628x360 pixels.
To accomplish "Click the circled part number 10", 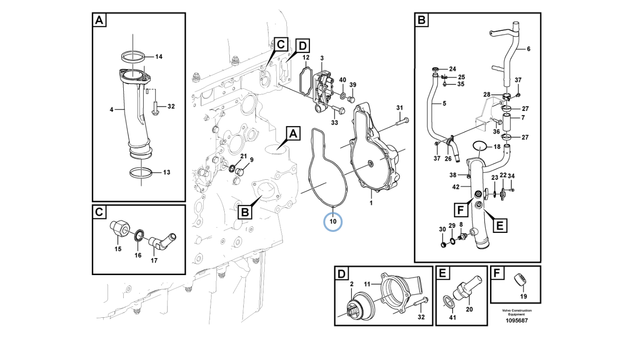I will coord(333,221).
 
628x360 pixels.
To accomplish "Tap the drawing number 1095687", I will coord(517,320).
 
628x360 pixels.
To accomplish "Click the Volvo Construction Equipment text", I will coord(517,312).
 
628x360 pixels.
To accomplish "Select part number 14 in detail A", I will coord(159,56).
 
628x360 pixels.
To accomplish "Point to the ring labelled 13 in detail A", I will coord(141,173).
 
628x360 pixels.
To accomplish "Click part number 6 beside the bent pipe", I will coord(528,49).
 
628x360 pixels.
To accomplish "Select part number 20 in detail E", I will coord(469,309).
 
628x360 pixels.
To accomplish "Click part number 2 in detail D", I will coord(352,284).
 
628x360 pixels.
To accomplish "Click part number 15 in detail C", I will coord(118,249).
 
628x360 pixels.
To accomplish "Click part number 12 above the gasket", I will coord(306,58).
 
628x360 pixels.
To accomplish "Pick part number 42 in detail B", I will coord(455,187).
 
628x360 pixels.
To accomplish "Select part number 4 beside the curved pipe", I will coord(111,110).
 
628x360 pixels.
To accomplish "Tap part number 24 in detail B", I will coord(452,68).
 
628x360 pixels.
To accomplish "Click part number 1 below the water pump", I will coord(371,203).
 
